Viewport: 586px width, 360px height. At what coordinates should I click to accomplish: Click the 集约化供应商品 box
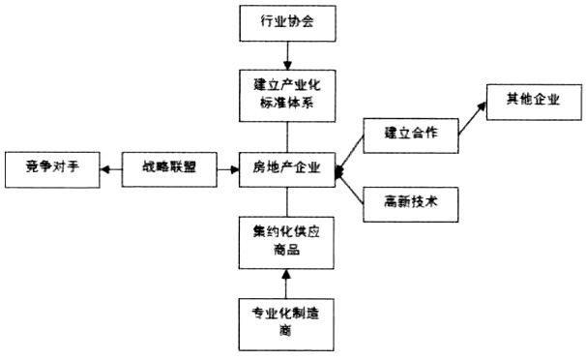(x=286, y=241)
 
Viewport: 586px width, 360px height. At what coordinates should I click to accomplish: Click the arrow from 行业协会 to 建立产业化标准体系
(x=286, y=56)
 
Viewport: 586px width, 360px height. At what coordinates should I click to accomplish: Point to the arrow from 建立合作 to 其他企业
(x=473, y=117)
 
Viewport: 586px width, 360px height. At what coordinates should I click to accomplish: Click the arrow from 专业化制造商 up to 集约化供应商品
(x=286, y=283)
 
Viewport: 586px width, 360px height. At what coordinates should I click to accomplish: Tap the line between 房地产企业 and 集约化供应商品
(x=286, y=201)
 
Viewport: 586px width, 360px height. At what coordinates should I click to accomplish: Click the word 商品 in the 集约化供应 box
(x=286, y=250)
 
